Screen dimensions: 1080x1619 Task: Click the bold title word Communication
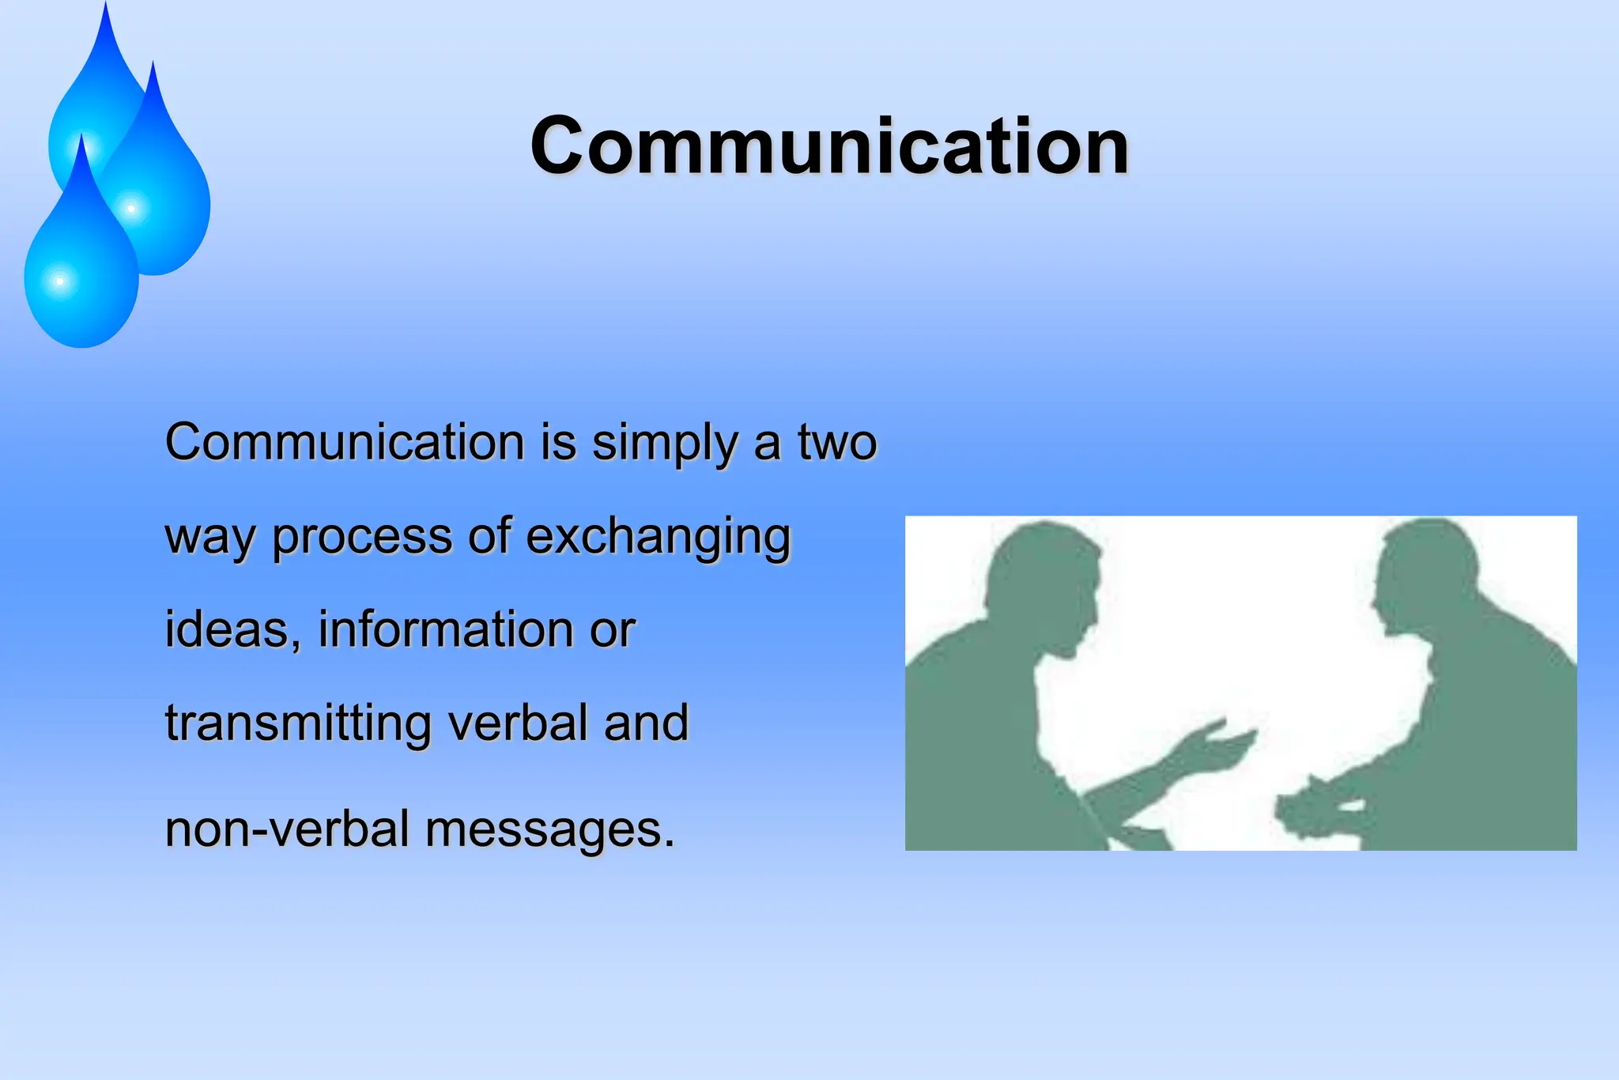[x=829, y=145]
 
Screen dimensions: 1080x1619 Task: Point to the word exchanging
[x=658, y=538]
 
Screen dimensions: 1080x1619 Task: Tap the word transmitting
[x=298, y=723]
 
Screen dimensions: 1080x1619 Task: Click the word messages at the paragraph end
[x=550, y=829]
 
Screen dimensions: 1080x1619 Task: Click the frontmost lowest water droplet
[x=79, y=277]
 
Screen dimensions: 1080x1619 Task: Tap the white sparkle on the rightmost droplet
[x=131, y=209]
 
